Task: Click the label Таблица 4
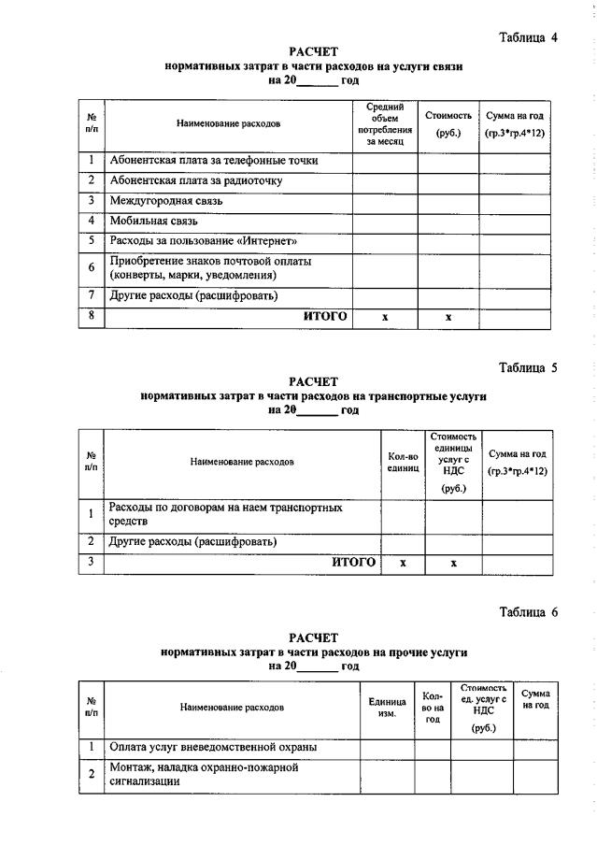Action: click(x=528, y=38)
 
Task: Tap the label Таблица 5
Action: click(x=528, y=367)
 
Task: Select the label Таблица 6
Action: click(x=528, y=612)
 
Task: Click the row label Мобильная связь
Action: click(x=156, y=221)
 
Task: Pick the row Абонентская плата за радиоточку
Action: click(x=195, y=179)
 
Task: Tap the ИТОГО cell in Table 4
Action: click(x=325, y=317)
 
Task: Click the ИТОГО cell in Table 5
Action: click(x=354, y=562)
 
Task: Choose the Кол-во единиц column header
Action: click(x=403, y=462)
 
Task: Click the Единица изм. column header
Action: click(x=387, y=708)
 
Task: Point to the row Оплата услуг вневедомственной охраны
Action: click(x=213, y=747)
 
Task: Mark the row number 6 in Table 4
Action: click(x=92, y=267)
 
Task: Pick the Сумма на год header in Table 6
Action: click(x=535, y=700)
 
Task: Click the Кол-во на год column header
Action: click(x=433, y=708)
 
